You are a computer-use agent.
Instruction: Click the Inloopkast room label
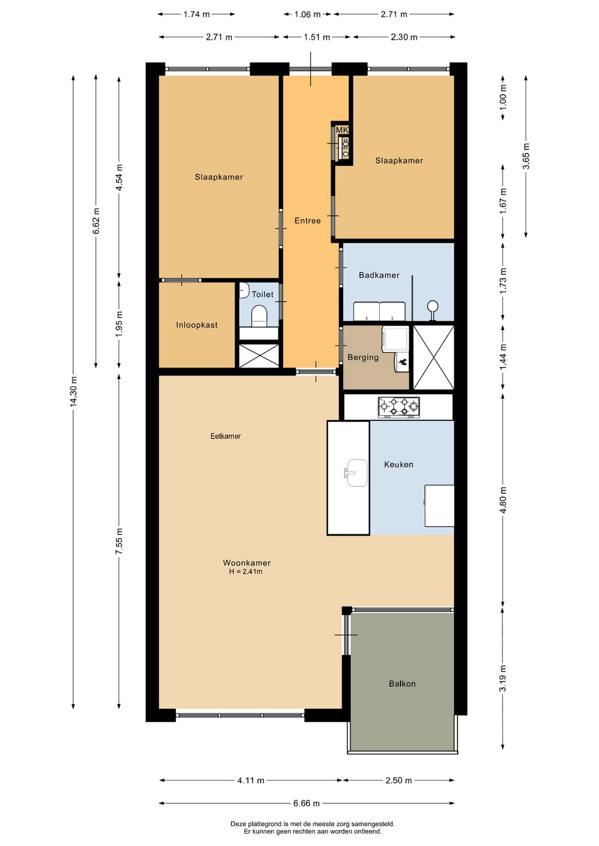(197, 325)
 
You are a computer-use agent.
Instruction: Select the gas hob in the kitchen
(399, 407)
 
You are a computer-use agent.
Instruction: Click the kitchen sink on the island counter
(356, 473)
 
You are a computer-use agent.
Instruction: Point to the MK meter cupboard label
(342, 130)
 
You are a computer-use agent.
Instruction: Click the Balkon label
(402, 684)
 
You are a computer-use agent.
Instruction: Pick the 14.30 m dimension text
(73, 391)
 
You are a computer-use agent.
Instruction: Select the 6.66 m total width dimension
(306, 803)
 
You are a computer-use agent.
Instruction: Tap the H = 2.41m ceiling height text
(246, 572)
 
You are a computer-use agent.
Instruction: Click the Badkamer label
(379, 275)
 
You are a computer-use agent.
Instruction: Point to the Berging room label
(363, 358)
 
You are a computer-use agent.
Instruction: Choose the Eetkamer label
(225, 436)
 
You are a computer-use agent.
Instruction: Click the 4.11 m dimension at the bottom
(251, 781)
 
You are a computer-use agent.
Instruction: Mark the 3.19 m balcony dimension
(503, 678)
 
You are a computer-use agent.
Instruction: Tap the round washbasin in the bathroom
(433, 307)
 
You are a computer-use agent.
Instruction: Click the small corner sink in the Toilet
(243, 291)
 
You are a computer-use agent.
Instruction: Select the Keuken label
(398, 465)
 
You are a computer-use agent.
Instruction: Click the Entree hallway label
(307, 221)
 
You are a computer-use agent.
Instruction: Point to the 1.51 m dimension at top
(317, 37)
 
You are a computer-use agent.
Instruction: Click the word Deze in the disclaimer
(239, 824)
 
